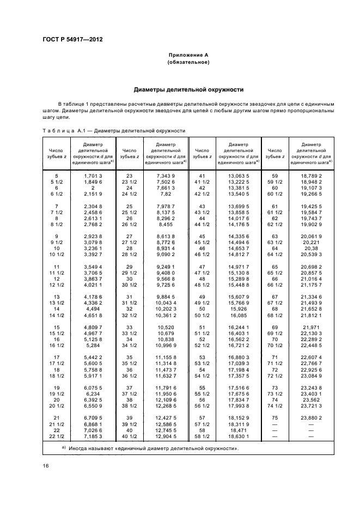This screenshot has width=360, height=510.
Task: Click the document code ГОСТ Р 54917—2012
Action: coord(72,39)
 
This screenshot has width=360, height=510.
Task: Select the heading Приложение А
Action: coord(188,56)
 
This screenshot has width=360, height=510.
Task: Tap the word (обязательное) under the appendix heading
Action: coord(188,63)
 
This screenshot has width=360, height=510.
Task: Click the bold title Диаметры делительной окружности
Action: coord(188,89)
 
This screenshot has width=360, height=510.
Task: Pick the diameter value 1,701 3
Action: coord(93,176)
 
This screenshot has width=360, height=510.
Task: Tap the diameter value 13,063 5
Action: coord(237,176)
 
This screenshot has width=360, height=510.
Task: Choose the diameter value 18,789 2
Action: coord(312,176)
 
